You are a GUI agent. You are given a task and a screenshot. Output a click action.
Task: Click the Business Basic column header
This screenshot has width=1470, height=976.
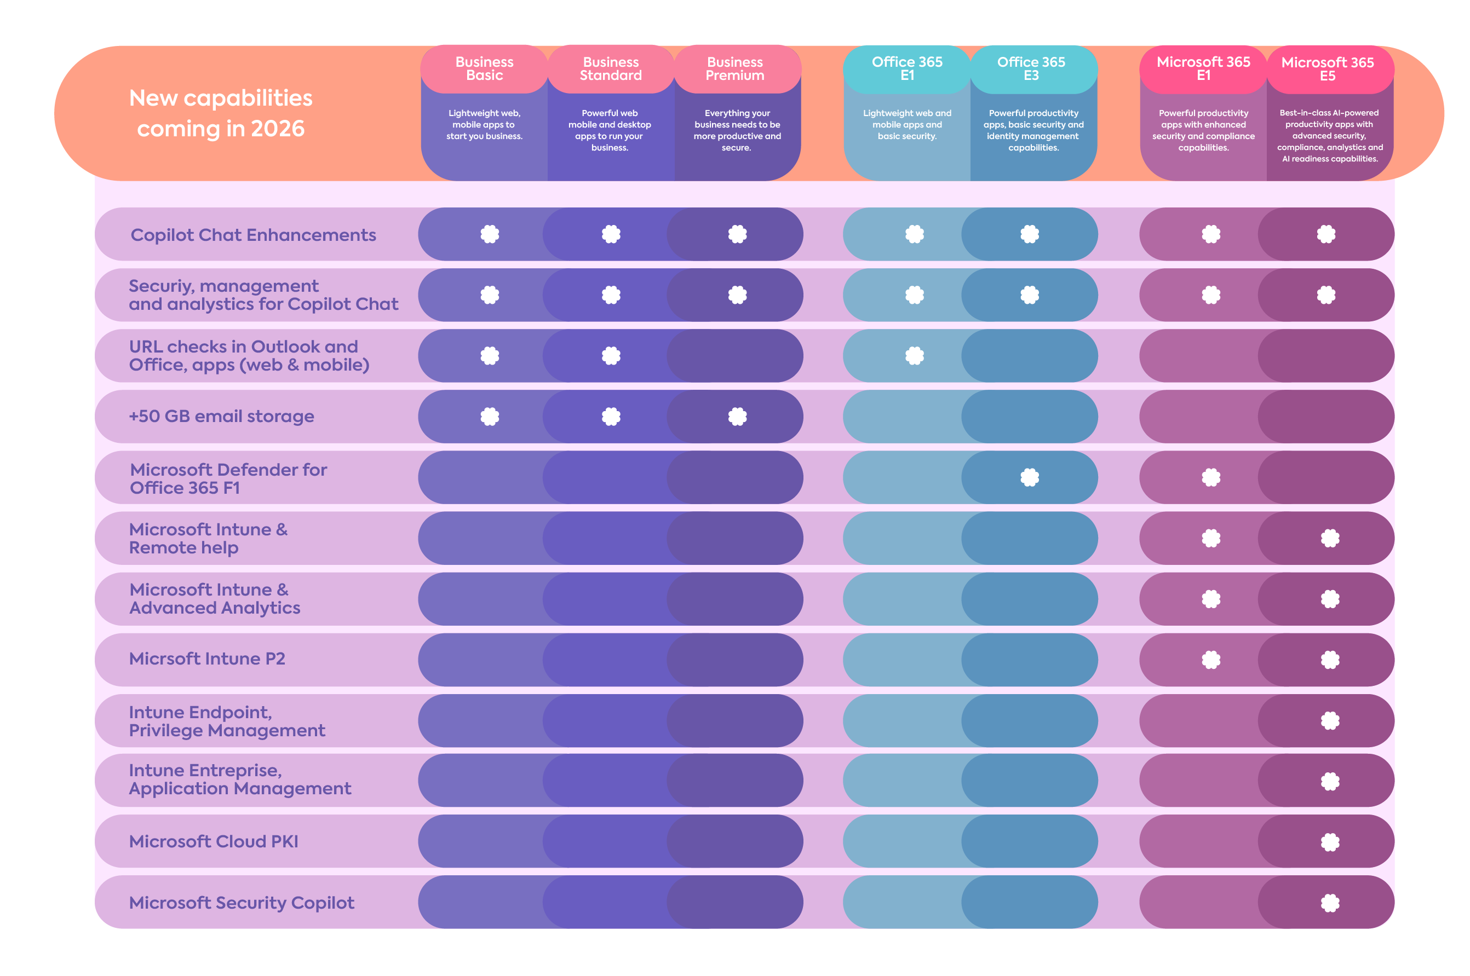click(484, 68)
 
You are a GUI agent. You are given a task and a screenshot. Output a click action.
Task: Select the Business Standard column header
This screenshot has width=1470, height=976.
click(610, 68)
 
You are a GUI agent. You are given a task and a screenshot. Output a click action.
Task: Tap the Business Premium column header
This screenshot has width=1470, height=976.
click(734, 68)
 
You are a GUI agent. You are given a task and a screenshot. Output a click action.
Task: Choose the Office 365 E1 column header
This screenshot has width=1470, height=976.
click(906, 68)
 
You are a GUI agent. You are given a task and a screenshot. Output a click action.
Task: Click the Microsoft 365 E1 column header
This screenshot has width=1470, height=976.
click(1203, 68)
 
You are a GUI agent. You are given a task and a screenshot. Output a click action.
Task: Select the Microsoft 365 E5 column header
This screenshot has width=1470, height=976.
click(1327, 69)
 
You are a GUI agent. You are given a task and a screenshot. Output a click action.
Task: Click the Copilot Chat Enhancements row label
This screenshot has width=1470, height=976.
click(253, 235)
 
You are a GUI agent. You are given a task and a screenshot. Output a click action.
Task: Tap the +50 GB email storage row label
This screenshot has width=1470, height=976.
click(221, 416)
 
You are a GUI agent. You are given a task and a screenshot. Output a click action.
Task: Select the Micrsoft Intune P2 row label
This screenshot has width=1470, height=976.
click(206, 659)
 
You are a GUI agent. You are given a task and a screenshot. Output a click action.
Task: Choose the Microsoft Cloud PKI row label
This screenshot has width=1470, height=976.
click(213, 841)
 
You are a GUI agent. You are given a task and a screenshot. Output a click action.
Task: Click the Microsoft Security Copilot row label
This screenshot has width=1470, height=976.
click(241, 902)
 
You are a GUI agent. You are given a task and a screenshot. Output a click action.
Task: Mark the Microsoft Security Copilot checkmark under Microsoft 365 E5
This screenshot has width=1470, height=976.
click(1329, 903)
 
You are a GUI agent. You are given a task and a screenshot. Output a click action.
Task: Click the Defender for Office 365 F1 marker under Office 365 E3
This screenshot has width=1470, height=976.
click(1029, 477)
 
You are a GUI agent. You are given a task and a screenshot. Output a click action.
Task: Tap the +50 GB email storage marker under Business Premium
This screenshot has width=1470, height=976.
click(737, 417)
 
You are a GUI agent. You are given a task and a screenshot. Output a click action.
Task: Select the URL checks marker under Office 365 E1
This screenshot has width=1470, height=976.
click(914, 355)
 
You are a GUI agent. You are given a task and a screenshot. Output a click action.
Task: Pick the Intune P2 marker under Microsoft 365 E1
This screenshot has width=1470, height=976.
click(1210, 659)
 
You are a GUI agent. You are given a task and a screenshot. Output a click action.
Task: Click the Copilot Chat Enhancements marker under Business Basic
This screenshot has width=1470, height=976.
click(490, 234)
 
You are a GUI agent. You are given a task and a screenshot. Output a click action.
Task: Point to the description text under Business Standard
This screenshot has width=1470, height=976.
click(610, 130)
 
